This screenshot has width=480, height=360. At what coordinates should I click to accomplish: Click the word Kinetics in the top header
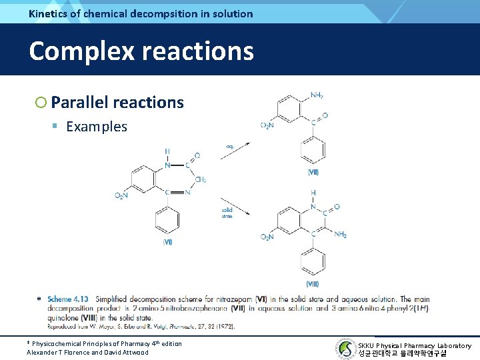[49, 13]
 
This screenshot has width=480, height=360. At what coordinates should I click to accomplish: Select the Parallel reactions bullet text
[117, 102]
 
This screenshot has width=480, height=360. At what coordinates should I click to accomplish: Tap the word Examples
[97, 127]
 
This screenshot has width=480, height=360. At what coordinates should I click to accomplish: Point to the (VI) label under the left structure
[167, 242]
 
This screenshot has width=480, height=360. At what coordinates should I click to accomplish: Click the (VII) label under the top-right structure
[313, 172]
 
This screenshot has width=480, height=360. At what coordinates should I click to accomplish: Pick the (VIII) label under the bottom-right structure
[313, 284]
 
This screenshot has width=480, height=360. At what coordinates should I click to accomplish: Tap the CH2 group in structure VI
[200, 179]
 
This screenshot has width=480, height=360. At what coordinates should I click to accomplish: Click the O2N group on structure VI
[121, 195]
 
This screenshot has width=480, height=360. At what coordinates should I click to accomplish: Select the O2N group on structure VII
[267, 125]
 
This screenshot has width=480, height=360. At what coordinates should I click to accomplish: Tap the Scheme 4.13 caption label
[69, 299]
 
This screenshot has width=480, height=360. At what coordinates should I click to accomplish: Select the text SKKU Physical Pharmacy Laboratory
[414, 345]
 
